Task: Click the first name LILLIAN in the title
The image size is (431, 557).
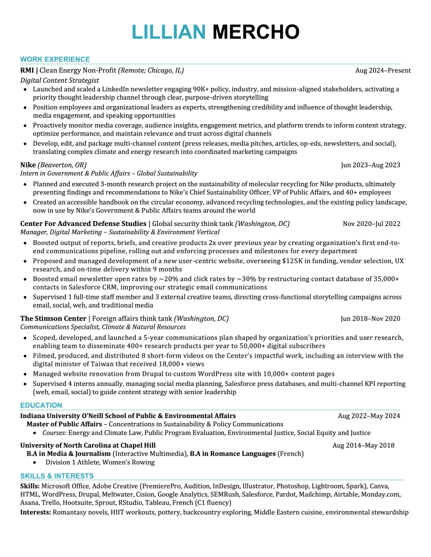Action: [169, 32]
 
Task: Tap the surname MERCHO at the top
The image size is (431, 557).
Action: [256, 32]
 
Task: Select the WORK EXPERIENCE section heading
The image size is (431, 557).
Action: [55, 59]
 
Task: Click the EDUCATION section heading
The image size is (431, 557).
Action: [41, 405]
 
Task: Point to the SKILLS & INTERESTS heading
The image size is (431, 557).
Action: [57, 476]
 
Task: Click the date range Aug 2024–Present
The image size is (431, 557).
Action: [383, 71]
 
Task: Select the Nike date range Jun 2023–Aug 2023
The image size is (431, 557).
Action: [371, 165]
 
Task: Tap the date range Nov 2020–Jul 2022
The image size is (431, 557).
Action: [372, 224]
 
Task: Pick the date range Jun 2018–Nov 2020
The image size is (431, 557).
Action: [371, 319]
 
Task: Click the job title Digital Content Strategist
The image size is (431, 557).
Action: [59, 80]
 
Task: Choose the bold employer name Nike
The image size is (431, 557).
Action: [28, 165]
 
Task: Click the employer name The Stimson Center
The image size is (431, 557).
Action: [53, 319]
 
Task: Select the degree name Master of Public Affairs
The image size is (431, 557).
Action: [64, 424]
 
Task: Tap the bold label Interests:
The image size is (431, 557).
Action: [35, 513]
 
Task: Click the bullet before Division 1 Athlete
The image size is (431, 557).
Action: [35, 462]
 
